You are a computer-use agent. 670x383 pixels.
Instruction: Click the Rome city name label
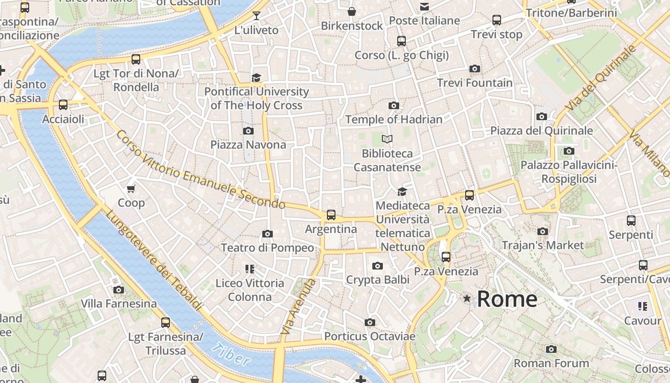pyautogui.click(x=507, y=299)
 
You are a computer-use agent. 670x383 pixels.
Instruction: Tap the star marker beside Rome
pyautogui.click(x=467, y=299)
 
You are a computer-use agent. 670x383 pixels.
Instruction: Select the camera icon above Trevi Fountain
pyautogui.click(x=474, y=69)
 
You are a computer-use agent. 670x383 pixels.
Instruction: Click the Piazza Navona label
pyautogui.click(x=248, y=145)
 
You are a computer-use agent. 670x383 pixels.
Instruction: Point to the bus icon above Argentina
pyautogui.click(x=331, y=215)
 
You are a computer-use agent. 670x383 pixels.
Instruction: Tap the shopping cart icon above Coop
pyautogui.click(x=131, y=189)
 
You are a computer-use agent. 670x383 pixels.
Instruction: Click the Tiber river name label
pyautogui.click(x=231, y=355)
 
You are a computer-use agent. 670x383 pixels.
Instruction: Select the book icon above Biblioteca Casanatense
pyautogui.click(x=387, y=139)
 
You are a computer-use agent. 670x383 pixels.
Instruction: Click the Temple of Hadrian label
pyautogui.click(x=393, y=119)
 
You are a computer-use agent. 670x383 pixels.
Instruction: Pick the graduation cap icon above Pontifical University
pyautogui.click(x=257, y=78)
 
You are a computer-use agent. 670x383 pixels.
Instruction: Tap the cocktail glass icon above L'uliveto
pyautogui.click(x=257, y=16)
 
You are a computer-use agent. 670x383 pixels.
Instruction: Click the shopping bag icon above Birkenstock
pyautogui.click(x=352, y=11)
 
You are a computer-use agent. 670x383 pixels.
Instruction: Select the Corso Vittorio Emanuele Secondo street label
pyautogui.click(x=201, y=169)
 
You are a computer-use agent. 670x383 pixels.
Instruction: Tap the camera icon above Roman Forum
pyautogui.click(x=551, y=349)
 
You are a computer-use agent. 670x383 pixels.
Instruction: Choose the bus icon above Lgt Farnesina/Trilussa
pyautogui.click(x=165, y=323)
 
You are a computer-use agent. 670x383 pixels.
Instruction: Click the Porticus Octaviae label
pyautogui.click(x=369, y=336)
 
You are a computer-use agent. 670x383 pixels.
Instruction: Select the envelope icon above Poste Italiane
pyautogui.click(x=424, y=7)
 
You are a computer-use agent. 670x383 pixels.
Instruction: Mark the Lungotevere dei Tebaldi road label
pyautogui.click(x=153, y=261)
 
